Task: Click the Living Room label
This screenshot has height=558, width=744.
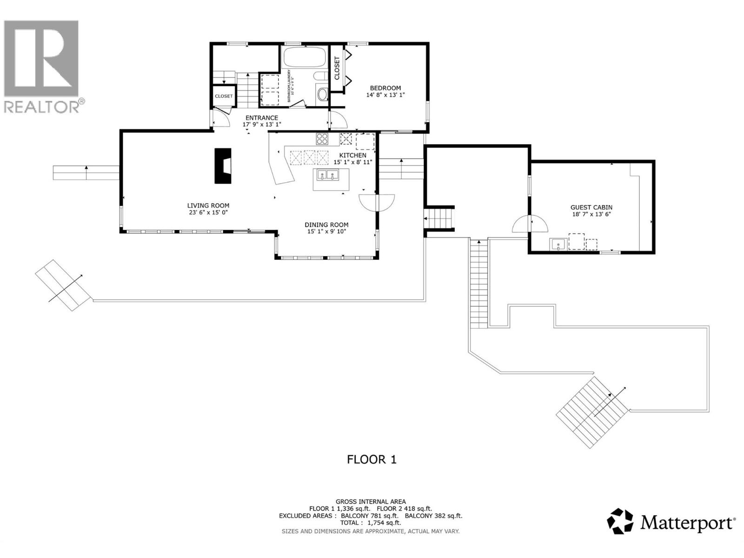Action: point(208,206)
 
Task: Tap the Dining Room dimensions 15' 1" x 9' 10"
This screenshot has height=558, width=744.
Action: point(326,232)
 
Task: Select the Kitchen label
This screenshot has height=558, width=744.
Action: point(352,155)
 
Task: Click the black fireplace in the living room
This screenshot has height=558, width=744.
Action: point(222,166)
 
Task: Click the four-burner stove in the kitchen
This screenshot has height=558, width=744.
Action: point(322,138)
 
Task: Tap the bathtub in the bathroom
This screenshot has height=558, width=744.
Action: point(305,57)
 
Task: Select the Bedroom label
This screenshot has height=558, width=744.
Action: point(385,88)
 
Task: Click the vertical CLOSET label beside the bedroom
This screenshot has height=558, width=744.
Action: point(337,68)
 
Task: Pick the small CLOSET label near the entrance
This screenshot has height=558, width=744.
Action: point(224,96)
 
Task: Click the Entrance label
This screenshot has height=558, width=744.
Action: point(262,118)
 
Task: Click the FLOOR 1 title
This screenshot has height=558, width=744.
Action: point(372,459)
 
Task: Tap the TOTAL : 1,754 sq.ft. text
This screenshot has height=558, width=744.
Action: point(371,523)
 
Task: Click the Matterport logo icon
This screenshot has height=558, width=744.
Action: point(620,521)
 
